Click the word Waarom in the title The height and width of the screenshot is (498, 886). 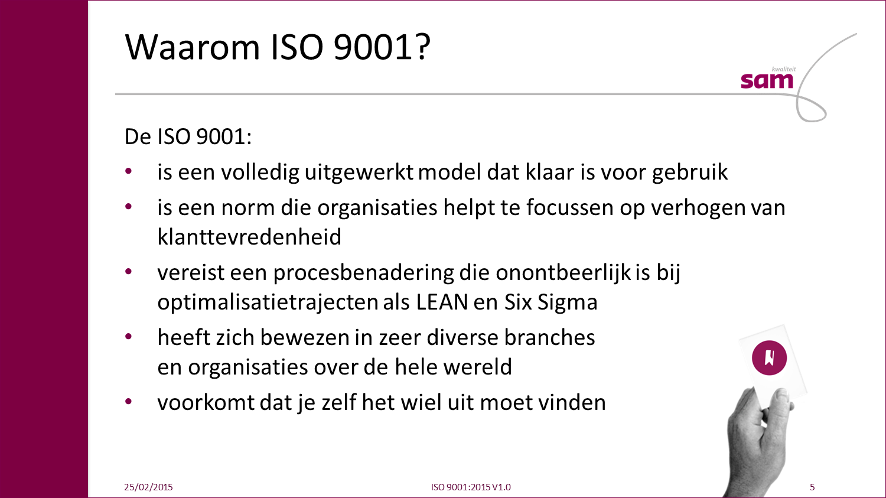(x=192, y=47)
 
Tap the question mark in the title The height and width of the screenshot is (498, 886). (x=423, y=46)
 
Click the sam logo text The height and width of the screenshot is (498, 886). (x=767, y=81)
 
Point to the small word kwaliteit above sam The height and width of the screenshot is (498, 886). (x=784, y=69)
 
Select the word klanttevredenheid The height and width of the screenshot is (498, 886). (x=249, y=236)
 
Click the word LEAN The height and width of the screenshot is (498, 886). (x=442, y=302)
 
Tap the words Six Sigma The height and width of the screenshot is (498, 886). (x=551, y=302)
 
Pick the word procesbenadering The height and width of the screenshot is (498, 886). (x=363, y=273)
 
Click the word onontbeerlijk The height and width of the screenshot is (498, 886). (x=563, y=273)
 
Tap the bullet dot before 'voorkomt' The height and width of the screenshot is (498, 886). (x=128, y=402)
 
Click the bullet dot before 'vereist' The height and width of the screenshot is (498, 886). (x=128, y=271)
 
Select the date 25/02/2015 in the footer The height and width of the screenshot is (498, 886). (x=148, y=487)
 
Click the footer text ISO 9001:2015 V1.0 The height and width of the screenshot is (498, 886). (x=471, y=487)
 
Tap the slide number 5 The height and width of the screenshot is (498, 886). (x=812, y=487)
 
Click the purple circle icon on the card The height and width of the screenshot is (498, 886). (x=769, y=358)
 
